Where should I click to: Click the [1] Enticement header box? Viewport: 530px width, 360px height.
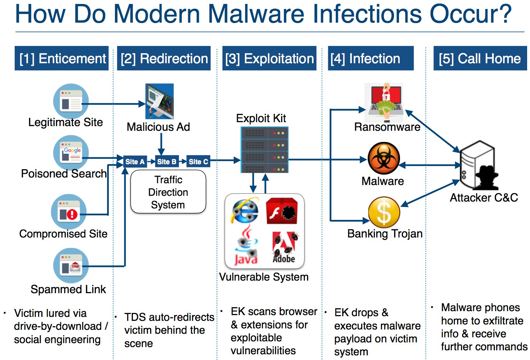61,58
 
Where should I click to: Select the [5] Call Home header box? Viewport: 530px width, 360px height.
480,58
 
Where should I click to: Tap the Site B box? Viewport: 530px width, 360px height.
167,162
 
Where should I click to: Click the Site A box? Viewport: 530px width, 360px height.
135,162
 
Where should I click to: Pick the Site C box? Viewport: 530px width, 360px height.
198,162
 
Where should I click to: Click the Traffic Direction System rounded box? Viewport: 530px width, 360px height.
168,192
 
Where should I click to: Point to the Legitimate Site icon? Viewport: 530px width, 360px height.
71,102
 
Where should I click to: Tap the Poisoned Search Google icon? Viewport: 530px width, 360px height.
71,153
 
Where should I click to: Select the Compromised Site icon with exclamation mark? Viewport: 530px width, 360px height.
69,212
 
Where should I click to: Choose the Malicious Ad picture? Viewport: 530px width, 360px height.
159,101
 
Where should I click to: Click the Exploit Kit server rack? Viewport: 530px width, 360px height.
265,149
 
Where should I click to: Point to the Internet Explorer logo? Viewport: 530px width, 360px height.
245,211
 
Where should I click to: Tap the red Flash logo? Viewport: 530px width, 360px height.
282,211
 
